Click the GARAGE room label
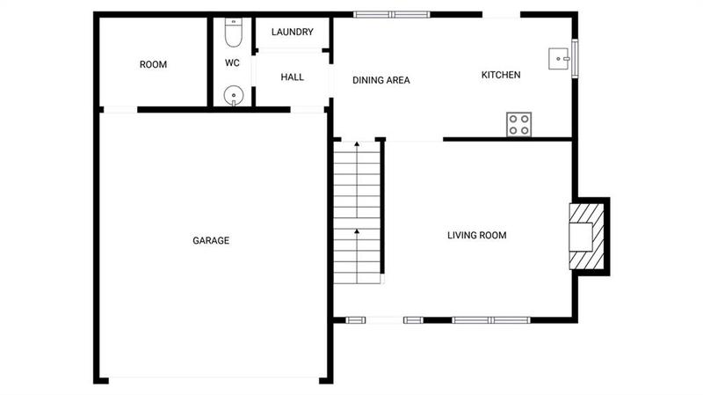tap(211, 240)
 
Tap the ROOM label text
tap(153, 64)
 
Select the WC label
tap(232, 63)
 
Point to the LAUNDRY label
tap(292, 33)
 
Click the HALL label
tap(292, 77)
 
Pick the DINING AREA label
tap(381, 80)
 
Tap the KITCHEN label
tap(501, 76)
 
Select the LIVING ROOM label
tap(476, 235)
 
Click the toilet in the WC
tap(233, 33)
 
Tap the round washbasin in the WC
tap(233, 95)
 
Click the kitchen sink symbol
tap(558, 59)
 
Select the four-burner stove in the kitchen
tap(518, 125)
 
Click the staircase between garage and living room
tap(357, 211)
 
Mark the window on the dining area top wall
tap(392, 14)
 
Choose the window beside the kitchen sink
tap(576, 59)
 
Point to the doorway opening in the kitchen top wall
tap(501, 14)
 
